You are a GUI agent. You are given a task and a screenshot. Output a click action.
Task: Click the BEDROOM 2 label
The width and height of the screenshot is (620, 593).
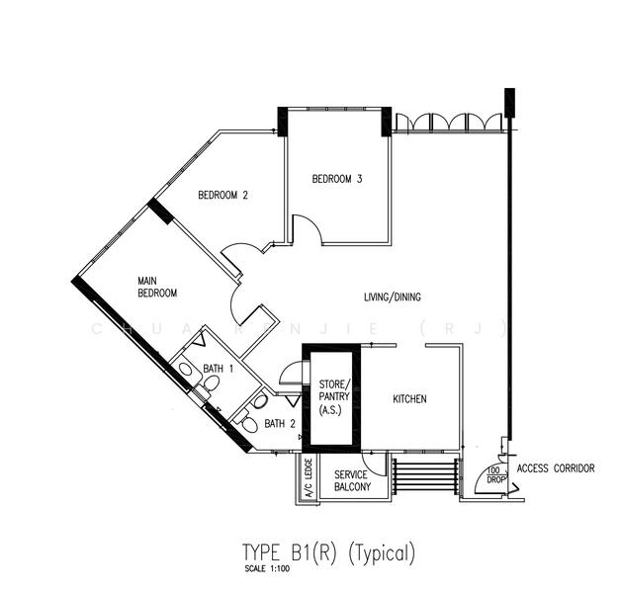tap(222, 196)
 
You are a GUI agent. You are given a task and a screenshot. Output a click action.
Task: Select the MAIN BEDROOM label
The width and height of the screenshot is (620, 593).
tap(157, 288)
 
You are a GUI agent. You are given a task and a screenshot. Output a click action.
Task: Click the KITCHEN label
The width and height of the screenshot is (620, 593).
tap(409, 399)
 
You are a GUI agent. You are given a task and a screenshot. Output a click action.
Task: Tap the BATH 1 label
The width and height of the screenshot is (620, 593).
tap(219, 370)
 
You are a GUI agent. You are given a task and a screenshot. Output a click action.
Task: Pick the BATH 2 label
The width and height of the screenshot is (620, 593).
tap(280, 424)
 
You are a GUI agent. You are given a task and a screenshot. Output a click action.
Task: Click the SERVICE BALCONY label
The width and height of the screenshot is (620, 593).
tap(352, 481)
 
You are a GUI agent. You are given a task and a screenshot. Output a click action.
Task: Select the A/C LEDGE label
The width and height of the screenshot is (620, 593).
tap(309, 479)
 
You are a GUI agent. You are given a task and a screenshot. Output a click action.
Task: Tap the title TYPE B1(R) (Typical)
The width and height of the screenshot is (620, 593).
tap(328, 552)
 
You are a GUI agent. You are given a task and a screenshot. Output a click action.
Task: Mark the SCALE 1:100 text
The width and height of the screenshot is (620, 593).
tap(264, 570)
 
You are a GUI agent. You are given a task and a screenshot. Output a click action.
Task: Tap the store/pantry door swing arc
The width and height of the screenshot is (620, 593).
tap(290, 373)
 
